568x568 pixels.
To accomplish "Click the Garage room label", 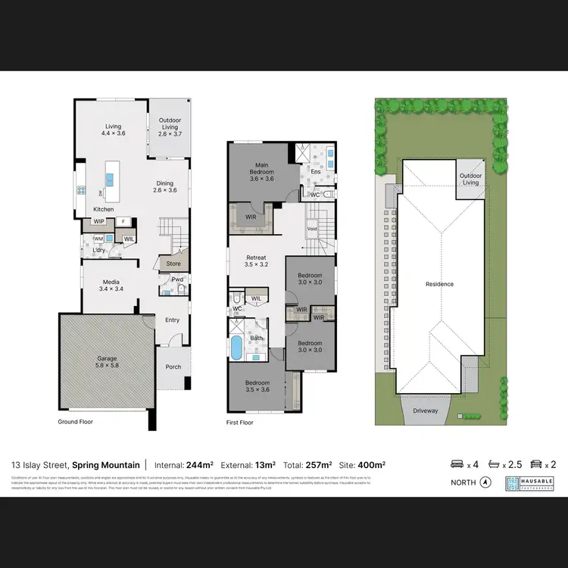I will (107, 361).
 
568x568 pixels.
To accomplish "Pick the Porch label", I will (173, 367).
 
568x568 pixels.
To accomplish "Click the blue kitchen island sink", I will (111, 179).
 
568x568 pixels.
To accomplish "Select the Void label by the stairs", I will (311, 228).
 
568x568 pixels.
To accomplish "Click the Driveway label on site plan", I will (426, 410).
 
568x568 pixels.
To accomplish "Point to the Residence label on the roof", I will (439, 284).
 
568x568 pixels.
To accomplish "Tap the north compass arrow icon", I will (485, 482).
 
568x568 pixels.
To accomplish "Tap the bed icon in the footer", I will (457, 464).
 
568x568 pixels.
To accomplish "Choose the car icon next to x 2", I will (536, 464).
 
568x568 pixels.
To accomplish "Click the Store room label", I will (173, 264).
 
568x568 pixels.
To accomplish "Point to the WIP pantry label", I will (98, 222).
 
